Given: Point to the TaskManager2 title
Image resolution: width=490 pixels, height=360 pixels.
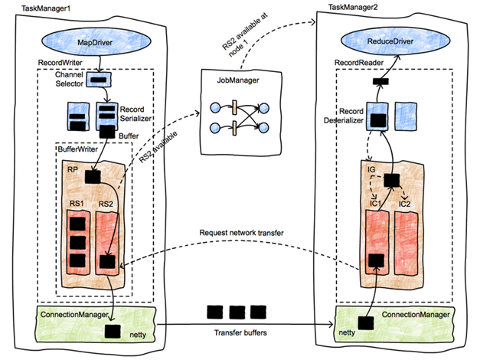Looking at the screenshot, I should coord(353,6).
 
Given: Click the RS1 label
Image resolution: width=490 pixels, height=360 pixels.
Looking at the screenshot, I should coord(77,205).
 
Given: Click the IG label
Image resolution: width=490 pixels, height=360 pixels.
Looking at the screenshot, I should coord(370,167).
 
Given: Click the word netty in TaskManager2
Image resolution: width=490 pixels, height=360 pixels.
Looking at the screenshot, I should coord(347,334).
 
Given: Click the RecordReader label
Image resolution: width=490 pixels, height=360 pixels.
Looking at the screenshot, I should coord(359,60).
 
